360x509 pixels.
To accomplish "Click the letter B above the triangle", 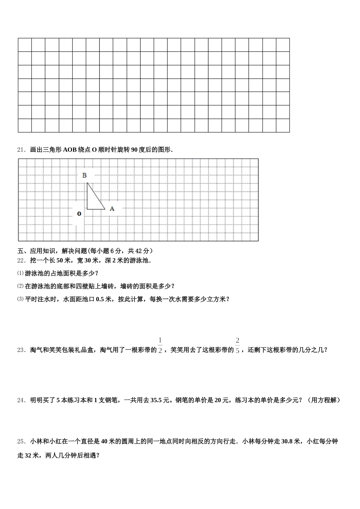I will click(x=85, y=175).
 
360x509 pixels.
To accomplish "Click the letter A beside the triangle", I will click(x=112, y=208).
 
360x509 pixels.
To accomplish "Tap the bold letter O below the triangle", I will click(x=79, y=214).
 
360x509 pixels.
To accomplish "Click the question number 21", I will click(x=21, y=150).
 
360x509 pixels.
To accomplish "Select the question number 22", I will click(x=21, y=261).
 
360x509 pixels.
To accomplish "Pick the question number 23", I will click(x=21, y=350).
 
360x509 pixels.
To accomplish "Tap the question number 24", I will click(x=21, y=400).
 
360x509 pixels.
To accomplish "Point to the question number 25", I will click(x=21, y=441).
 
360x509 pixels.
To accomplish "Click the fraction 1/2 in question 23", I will click(x=160, y=345).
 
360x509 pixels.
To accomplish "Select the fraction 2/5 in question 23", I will click(x=238, y=345).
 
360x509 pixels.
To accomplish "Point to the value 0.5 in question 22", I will click(x=100, y=299).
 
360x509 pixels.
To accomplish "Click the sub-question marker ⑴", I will click(x=20, y=273).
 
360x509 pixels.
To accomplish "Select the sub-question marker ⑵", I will click(x=20, y=286).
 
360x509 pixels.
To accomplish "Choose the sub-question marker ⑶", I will click(x=20, y=299).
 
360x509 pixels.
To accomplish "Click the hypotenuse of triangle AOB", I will click(x=96, y=196).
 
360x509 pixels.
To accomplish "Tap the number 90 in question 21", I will click(x=134, y=150).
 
